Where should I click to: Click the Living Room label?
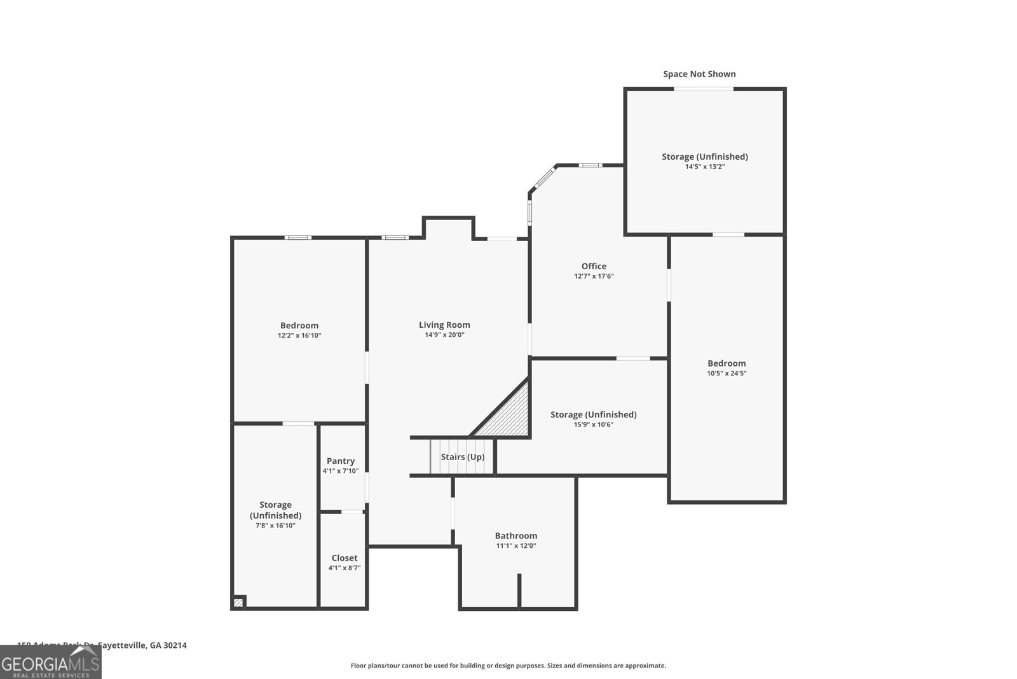click(x=444, y=325)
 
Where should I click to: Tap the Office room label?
click(x=594, y=266)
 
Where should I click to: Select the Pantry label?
click(x=341, y=461)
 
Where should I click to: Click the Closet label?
click(x=344, y=557)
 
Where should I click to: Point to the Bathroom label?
click(x=516, y=535)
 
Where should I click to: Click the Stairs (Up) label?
click(x=463, y=456)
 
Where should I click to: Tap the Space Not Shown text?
click(x=699, y=74)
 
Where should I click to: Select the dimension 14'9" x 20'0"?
click(x=444, y=335)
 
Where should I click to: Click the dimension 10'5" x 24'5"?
click(x=727, y=374)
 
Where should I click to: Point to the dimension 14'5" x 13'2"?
click(x=704, y=167)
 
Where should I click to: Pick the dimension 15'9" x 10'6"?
click(x=593, y=424)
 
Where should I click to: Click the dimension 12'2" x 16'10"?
click(x=299, y=335)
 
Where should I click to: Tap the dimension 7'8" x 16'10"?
click(x=275, y=526)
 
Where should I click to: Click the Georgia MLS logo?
click(x=50, y=662)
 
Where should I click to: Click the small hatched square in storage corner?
click(x=239, y=602)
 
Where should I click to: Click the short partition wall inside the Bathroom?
click(x=519, y=591)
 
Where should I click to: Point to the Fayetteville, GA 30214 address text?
click(x=142, y=645)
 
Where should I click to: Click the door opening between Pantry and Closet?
click(x=352, y=512)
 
